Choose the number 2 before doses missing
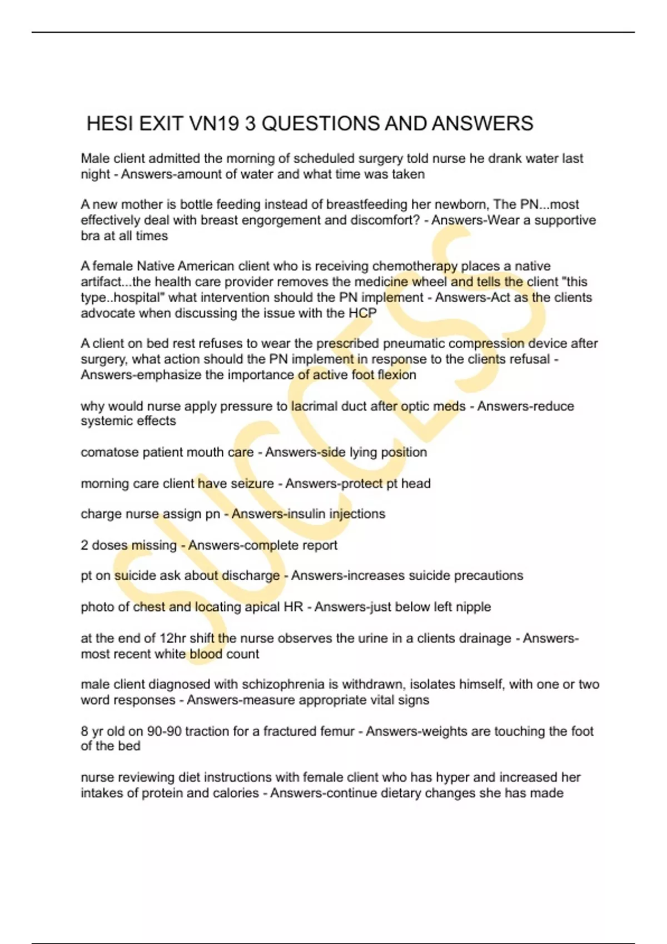tap(84, 545)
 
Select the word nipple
tap(473, 606)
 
